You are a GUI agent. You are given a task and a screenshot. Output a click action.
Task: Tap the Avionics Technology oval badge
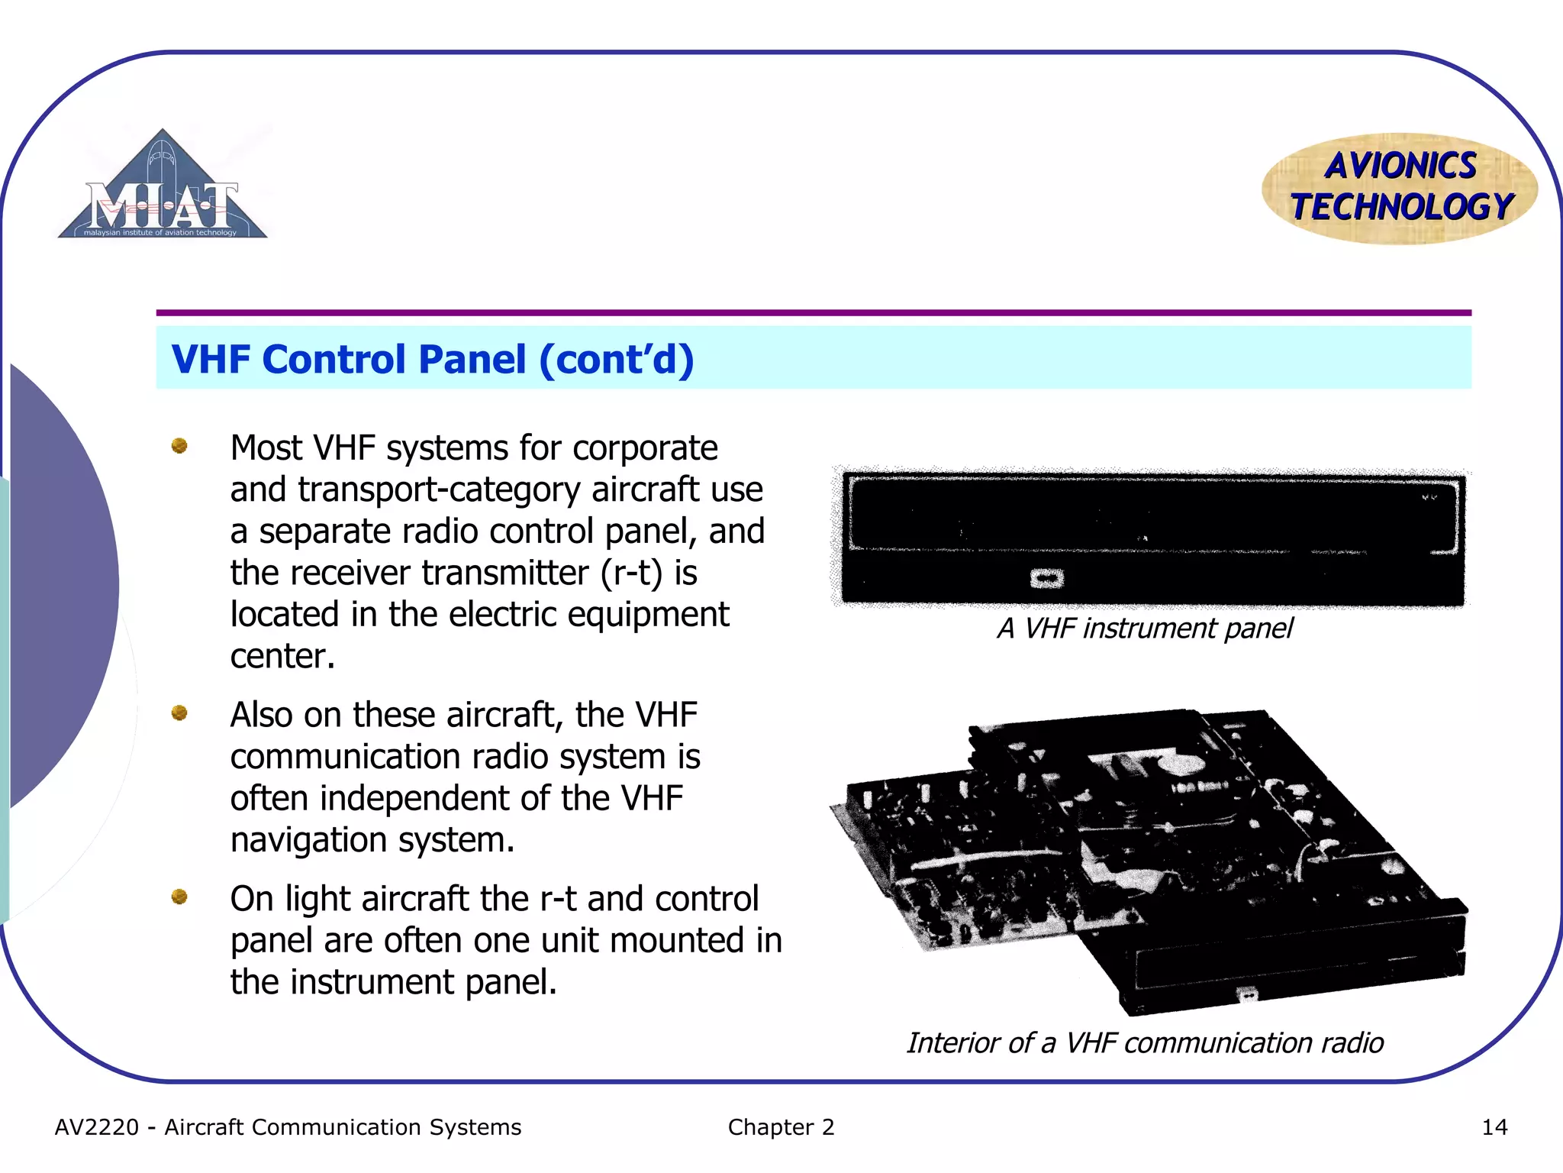(1400, 188)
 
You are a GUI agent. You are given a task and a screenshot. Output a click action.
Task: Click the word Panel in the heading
(472, 359)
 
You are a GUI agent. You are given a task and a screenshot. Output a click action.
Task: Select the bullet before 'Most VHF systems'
(179, 445)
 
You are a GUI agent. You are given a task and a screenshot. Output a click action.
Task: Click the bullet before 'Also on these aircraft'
(179, 713)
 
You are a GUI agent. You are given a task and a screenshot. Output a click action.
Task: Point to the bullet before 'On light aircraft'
(179, 897)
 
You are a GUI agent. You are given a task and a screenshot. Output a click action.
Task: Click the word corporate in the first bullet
(645, 448)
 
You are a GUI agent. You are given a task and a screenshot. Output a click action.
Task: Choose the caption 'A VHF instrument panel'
(1145, 629)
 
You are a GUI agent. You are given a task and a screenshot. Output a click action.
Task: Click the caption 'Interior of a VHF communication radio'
(1145, 1043)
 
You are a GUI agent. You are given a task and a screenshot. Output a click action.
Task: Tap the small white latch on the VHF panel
(1046, 579)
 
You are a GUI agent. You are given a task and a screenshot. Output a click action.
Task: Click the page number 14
(1494, 1127)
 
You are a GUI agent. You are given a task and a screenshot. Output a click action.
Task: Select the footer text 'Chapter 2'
(781, 1127)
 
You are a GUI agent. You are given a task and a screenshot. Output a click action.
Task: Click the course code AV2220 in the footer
(97, 1127)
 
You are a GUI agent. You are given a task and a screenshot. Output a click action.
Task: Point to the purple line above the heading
(814, 313)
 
